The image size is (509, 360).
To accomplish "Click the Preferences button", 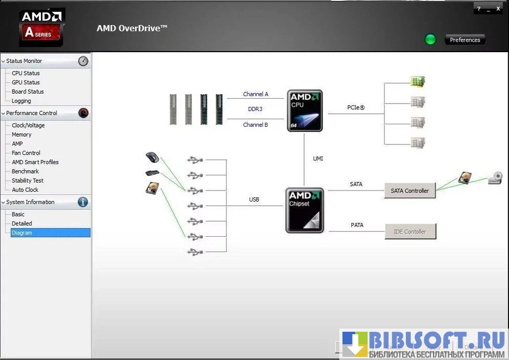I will pyautogui.click(x=465, y=40).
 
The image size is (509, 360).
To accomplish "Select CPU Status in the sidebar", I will pyautogui.click(x=26, y=73).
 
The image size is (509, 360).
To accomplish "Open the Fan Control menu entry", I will pyautogui.click(x=26, y=153).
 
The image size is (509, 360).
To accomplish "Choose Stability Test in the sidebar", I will pyautogui.click(x=28, y=180).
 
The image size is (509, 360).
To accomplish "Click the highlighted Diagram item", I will pyautogui.click(x=22, y=232).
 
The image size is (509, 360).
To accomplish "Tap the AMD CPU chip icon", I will pyautogui.click(x=305, y=110).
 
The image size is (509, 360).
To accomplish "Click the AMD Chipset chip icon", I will pyautogui.click(x=305, y=210).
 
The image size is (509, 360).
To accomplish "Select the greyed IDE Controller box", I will pyautogui.click(x=410, y=232).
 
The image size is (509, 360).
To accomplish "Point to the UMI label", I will pyautogui.click(x=318, y=158).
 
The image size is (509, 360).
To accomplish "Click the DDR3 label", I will pyautogui.click(x=255, y=109).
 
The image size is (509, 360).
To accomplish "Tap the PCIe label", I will pyautogui.click(x=356, y=107).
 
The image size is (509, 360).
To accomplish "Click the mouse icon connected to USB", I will pyautogui.click(x=152, y=156).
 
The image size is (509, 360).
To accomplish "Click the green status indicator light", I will pyautogui.click(x=430, y=40).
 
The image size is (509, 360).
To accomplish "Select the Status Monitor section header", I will pyautogui.click(x=24, y=61).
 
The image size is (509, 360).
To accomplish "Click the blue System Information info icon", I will pyautogui.click(x=83, y=202).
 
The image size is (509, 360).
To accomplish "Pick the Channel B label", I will pyautogui.click(x=256, y=124).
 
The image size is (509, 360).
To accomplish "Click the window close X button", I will pyautogui.click(x=498, y=9).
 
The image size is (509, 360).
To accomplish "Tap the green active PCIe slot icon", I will pyautogui.click(x=418, y=81).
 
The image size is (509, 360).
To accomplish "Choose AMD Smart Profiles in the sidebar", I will pyautogui.click(x=35, y=162).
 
